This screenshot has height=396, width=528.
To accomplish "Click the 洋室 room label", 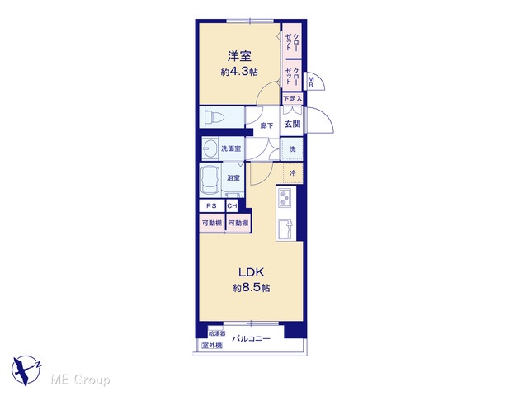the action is [239, 56].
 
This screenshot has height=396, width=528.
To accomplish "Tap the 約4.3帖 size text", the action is [239, 72].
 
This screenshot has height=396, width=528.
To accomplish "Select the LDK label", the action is [251, 271].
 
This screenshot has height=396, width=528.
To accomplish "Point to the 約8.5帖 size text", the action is [251, 288].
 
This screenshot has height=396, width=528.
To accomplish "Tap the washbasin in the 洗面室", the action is [210, 148].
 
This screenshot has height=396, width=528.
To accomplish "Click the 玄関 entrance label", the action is [292, 125].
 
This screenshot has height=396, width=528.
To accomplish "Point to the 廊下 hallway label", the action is [266, 125].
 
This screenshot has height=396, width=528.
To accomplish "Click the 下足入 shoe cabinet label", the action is [292, 99].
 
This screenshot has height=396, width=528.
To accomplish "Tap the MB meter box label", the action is [311, 82].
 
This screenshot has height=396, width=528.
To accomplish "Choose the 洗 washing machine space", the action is [292, 148].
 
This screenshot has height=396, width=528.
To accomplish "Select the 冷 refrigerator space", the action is [293, 173].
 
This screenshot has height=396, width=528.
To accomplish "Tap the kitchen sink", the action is [285, 229].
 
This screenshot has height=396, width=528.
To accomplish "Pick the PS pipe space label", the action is [211, 205].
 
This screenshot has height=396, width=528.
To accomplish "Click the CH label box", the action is [232, 205].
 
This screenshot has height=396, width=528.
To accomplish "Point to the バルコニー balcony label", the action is [251, 338].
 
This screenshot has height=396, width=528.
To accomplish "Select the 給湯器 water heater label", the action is [216, 333].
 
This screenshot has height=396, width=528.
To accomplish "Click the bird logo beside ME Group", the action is [26, 370].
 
